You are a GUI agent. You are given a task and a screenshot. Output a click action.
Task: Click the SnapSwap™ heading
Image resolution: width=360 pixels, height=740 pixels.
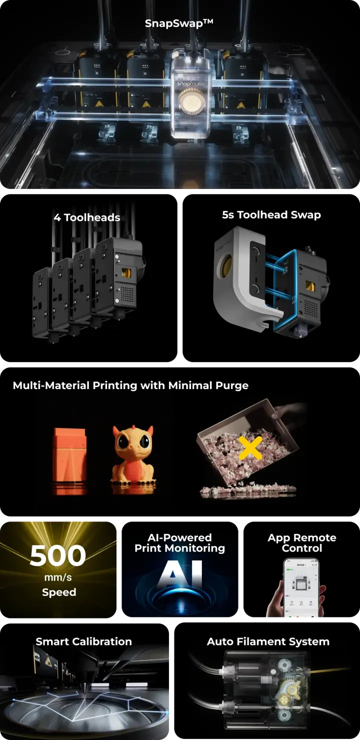[x=179, y=23]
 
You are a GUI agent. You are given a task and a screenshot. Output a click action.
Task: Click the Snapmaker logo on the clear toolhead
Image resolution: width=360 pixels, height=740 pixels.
[x=191, y=83]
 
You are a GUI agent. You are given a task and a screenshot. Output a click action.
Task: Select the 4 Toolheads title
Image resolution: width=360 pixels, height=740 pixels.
[x=87, y=217]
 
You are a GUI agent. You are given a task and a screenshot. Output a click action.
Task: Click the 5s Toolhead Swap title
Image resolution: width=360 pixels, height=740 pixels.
[x=271, y=214]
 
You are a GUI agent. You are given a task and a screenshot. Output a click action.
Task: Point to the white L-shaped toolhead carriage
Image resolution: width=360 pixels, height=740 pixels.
[x=244, y=281]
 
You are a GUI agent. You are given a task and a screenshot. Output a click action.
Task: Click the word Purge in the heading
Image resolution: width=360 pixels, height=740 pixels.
[x=232, y=385]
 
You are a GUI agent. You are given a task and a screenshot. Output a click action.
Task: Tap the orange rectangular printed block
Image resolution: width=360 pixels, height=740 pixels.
[x=69, y=456]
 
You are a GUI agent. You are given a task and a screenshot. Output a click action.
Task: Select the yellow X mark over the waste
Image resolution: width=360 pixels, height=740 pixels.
[x=250, y=447]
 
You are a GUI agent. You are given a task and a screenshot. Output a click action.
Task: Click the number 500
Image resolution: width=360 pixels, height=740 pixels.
[x=58, y=556]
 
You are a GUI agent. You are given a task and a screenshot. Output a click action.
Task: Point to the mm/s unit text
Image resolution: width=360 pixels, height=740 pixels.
[x=58, y=577]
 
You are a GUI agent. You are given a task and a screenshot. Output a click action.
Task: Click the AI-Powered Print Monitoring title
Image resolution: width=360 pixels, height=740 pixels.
[x=179, y=543]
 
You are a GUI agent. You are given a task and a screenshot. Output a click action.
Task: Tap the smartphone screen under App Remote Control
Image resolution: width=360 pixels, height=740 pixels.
[x=301, y=587]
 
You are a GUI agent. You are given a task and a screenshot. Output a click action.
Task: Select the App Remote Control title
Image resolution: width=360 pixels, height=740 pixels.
[x=302, y=543]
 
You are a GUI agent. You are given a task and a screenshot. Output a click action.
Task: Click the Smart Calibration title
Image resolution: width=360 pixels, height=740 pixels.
[x=84, y=641]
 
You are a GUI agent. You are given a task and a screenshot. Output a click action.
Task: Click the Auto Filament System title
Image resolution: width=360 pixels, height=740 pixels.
[x=268, y=641]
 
